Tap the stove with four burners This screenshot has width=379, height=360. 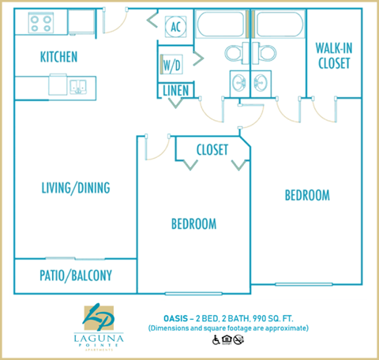(40, 24)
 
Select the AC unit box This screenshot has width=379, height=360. (175, 27)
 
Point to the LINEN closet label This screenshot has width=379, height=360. (175, 91)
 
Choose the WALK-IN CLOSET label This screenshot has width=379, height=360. (332, 56)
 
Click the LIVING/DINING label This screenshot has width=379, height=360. (76, 188)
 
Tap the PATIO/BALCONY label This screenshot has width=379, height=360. (76, 276)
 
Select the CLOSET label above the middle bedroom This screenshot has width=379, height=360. (212, 149)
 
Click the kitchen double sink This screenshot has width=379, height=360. (78, 85)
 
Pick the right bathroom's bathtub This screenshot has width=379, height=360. (279, 25)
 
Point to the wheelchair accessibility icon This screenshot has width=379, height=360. (215, 339)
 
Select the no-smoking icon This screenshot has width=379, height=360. (238, 339)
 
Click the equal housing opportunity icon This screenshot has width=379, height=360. (227, 339)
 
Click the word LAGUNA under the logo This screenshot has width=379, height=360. (99, 336)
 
